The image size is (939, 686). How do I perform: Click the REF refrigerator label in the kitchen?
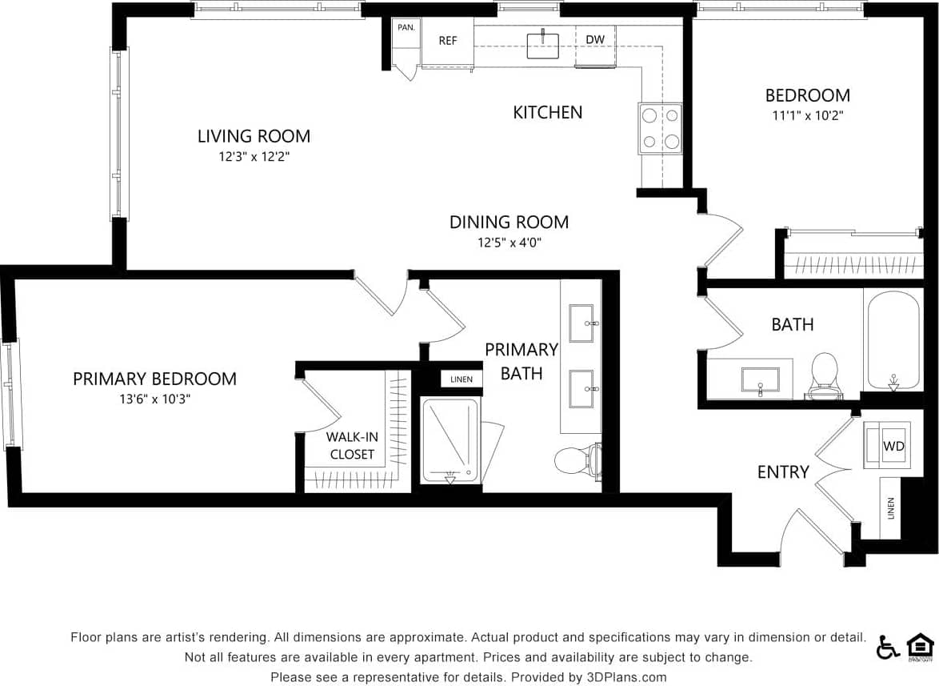[448, 41]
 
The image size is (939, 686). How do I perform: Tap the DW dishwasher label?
[594, 39]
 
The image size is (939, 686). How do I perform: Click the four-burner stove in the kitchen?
[660, 129]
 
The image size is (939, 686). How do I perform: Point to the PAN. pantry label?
[406, 27]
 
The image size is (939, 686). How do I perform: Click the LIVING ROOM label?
[254, 136]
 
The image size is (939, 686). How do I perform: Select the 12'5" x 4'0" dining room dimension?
[509, 243]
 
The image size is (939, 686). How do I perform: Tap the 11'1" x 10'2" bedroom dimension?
[807, 115]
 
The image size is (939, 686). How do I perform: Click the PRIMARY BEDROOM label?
[154, 379]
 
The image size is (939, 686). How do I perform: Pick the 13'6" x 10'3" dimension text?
[154, 399]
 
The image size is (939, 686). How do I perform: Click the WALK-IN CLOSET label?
[352, 446]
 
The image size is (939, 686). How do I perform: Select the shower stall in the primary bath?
[450, 440]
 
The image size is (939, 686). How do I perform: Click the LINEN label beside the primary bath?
[462, 379]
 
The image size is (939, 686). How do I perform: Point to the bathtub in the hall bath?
[893, 340]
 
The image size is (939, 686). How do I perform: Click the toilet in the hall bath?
[824, 375]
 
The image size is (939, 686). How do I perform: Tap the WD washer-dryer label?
[893, 446]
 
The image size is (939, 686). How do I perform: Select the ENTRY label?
[783, 472]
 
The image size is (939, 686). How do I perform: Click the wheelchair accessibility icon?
[888, 646]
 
